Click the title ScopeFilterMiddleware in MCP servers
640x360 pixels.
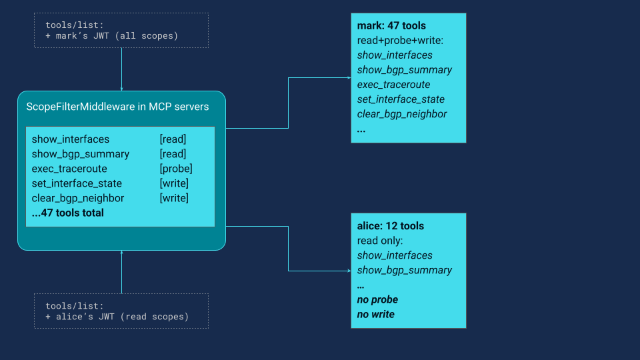click(117, 107)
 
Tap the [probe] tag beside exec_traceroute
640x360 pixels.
click(176, 169)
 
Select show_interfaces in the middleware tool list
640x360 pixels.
click(71, 139)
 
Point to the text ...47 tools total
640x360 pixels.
click(68, 213)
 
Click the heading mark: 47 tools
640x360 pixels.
click(391, 26)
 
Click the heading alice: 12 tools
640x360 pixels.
click(391, 226)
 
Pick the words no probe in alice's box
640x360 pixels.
click(377, 299)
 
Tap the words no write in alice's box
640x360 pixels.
click(376, 314)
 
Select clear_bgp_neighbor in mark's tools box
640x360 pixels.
click(402, 114)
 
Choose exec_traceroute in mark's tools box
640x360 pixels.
click(394, 85)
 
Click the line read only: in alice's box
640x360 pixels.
click(380, 241)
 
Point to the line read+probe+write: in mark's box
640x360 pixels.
click(400, 41)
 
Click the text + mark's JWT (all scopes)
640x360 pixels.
click(112, 35)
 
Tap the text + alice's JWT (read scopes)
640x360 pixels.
click(117, 317)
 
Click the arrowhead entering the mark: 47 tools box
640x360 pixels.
click(348, 77)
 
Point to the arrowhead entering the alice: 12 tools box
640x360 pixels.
click(348, 271)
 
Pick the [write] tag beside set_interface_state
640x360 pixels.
click(174, 183)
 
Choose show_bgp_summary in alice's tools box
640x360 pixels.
click(405, 270)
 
